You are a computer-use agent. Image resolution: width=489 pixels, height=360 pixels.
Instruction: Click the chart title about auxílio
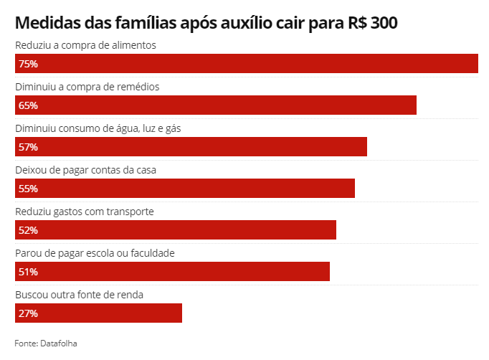tap(206, 23)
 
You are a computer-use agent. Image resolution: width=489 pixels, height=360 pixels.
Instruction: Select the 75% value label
tap(29, 64)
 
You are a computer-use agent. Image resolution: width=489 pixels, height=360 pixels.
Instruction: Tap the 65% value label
tap(29, 105)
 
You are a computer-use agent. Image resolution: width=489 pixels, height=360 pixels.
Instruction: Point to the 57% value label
tap(29, 147)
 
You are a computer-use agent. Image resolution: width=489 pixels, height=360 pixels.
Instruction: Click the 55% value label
tap(29, 189)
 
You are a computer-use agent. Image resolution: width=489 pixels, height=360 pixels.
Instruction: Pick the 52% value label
tap(29, 230)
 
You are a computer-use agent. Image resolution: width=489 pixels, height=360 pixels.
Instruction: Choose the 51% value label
tap(29, 272)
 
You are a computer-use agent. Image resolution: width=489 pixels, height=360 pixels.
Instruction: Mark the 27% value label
tap(29, 313)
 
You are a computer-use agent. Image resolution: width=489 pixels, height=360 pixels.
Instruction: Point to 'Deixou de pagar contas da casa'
tap(85, 170)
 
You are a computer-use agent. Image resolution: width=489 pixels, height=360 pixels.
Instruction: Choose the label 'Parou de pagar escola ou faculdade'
tap(95, 253)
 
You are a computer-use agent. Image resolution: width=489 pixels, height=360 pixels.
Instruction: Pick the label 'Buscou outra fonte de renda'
tap(80, 295)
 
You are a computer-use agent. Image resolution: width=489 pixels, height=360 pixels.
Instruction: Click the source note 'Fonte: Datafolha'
tap(45, 343)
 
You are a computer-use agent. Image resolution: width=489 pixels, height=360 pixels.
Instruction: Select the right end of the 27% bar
tap(180, 313)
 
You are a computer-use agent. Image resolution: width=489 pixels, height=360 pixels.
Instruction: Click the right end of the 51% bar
tap(328, 272)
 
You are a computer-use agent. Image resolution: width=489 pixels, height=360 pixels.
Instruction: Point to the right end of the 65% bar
tap(414, 105)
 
